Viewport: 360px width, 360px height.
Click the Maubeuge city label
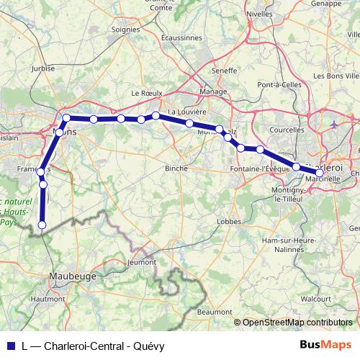(x=74, y=274)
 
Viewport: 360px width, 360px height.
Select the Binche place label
(x=176, y=168)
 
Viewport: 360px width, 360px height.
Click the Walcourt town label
(x=315, y=297)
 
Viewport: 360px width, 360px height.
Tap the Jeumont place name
(x=140, y=264)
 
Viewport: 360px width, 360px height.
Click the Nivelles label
(x=260, y=13)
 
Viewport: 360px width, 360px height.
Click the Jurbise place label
(x=43, y=69)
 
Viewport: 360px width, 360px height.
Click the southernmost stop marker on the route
(x=42, y=225)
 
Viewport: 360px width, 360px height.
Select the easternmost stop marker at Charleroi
(x=320, y=172)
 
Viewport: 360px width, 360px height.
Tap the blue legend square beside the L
(x=9, y=345)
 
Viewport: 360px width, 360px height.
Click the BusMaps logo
(x=325, y=344)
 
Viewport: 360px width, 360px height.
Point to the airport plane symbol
(x=333, y=125)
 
